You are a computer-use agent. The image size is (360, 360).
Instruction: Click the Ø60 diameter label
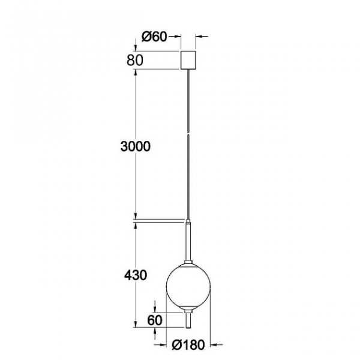point(154,37)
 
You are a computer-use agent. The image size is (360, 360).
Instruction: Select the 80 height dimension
point(135,60)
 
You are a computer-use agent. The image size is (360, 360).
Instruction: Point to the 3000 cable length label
point(136,146)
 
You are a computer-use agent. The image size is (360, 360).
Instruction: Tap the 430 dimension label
point(136,275)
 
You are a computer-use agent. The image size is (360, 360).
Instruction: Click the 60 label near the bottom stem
point(155,320)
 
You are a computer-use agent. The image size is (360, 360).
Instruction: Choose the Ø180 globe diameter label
point(188,344)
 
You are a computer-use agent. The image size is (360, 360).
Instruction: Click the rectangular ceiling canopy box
point(188,60)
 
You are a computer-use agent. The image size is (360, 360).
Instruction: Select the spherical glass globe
point(188,286)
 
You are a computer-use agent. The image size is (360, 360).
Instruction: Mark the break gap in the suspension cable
point(188,133)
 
